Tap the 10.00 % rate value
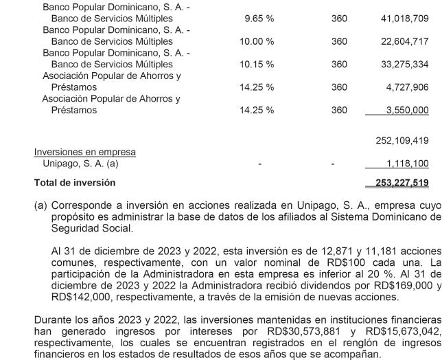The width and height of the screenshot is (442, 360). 259,42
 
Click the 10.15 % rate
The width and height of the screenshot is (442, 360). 259,65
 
